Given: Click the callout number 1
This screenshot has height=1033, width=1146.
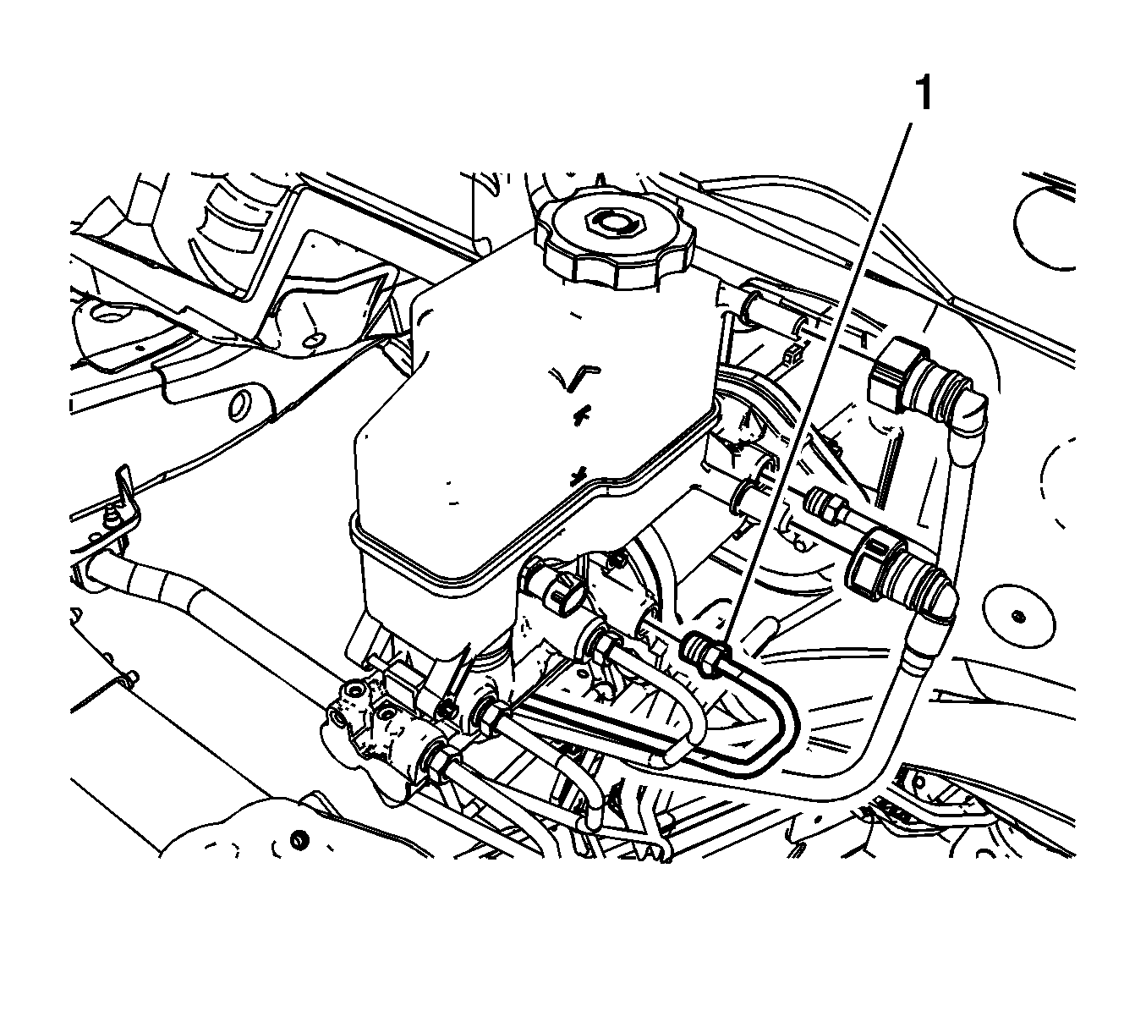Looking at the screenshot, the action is [x=924, y=94].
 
